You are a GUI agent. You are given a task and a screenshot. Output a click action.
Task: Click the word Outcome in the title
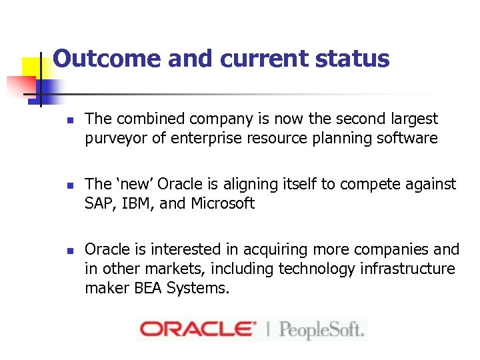click(107, 59)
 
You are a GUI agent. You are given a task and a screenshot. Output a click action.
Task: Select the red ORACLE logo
click(197, 329)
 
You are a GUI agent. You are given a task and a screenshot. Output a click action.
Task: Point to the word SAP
click(99, 204)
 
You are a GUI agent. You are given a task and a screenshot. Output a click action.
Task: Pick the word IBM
click(133, 204)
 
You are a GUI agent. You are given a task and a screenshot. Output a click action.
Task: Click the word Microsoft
click(223, 204)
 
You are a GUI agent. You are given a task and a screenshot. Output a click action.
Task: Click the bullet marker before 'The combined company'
click(69, 120)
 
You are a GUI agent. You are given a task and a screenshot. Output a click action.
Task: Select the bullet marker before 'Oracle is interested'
click(69, 251)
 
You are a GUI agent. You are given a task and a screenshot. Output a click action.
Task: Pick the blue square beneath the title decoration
click(48, 89)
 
